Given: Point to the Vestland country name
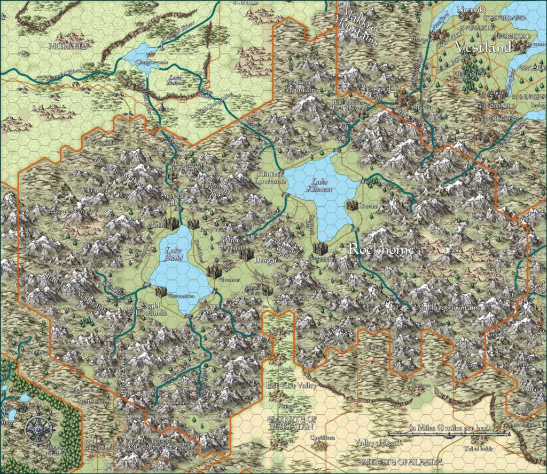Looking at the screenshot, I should coord(483,47).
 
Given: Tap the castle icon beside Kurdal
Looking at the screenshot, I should coord(351,205).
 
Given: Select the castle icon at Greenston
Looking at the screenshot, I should coord(161,291).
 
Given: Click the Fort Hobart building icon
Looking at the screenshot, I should coord(96,440).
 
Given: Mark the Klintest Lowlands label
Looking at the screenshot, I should coord(269,178).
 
